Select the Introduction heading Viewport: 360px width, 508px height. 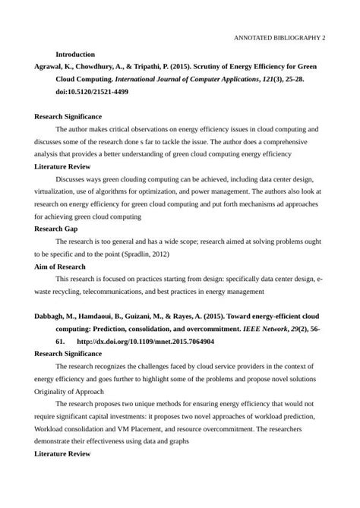point(74,55)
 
